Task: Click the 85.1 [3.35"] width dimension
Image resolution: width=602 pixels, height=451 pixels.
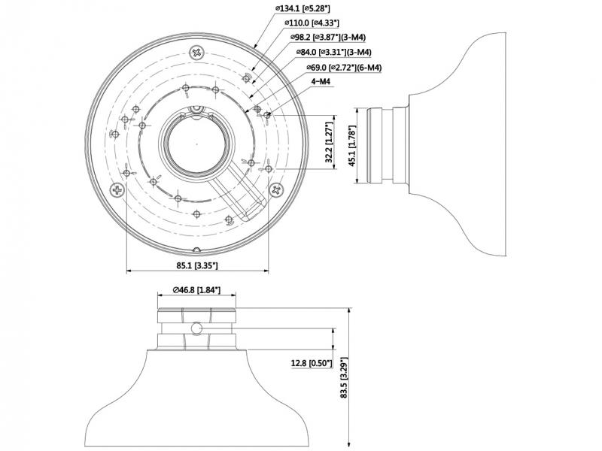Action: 196,265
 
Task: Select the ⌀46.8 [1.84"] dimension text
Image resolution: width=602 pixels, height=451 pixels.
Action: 196,289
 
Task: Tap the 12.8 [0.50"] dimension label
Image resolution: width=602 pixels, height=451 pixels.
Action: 312,363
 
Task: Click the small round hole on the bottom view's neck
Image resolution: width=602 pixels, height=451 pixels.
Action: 196,328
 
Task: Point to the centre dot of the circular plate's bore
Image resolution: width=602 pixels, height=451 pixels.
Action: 196,141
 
